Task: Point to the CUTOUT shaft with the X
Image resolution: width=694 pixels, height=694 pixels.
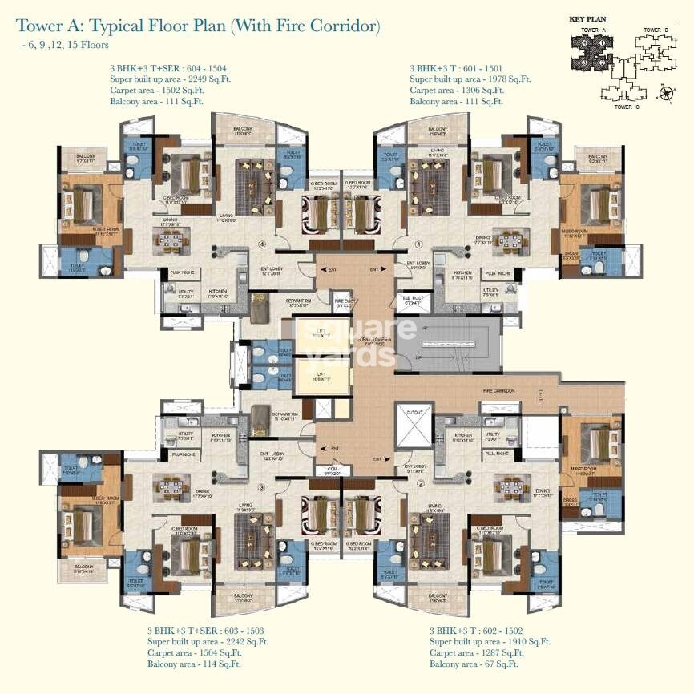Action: pyautogui.click(x=414, y=422)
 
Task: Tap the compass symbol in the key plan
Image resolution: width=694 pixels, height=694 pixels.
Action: pyautogui.click(x=666, y=95)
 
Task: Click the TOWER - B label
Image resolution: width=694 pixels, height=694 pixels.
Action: pyautogui.click(x=655, y=30)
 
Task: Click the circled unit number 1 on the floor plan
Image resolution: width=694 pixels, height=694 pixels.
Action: pyautogui.click(x=418, y=244)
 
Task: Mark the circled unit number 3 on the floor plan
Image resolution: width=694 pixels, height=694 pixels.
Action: pyautogui.click(x=260, y=486)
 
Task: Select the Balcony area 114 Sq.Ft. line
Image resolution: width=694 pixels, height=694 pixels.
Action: pyautogui.click(x=193, y=664)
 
